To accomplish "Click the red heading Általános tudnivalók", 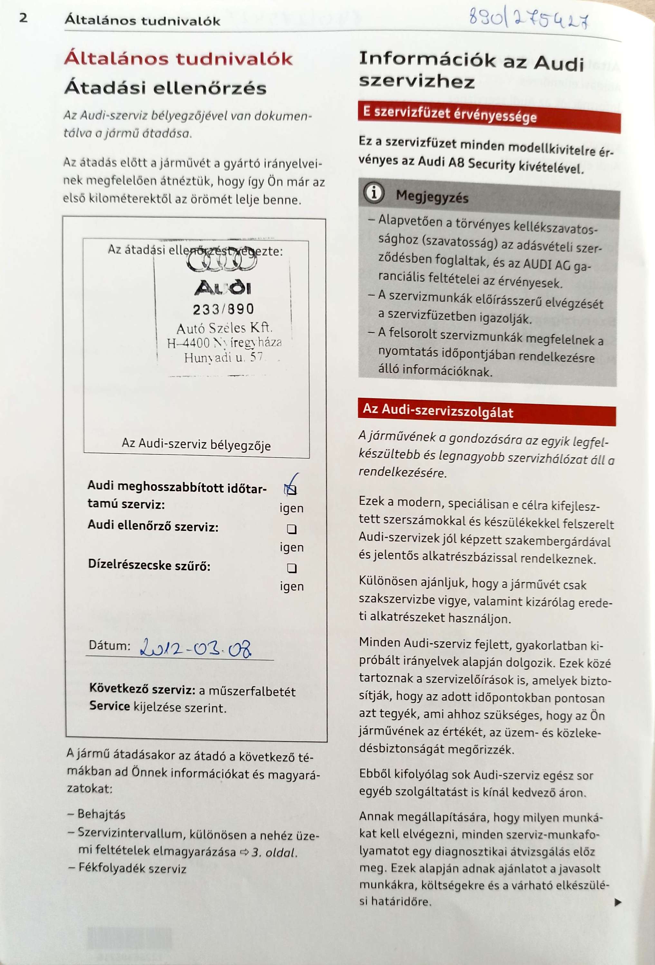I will pos(178,59).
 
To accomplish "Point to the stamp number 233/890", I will pos(223,309).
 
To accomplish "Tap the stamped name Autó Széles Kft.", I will pos(224,328).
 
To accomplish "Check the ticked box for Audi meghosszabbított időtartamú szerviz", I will pos(291,490).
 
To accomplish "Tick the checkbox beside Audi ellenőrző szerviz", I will pos(292,529).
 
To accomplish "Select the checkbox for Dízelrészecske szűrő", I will pos(292,568).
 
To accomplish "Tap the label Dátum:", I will pos(109,646).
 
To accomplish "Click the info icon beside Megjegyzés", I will pos(374,193).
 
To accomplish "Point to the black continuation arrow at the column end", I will pos(618,902).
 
